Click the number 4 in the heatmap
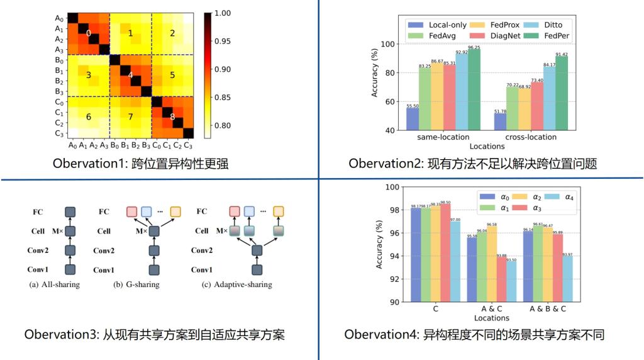point(130,75)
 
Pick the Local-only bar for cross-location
point(500,121)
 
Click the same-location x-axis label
point(443,137)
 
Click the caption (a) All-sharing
point(55,284)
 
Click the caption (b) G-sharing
point(136,284)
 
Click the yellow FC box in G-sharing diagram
point(175,211)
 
